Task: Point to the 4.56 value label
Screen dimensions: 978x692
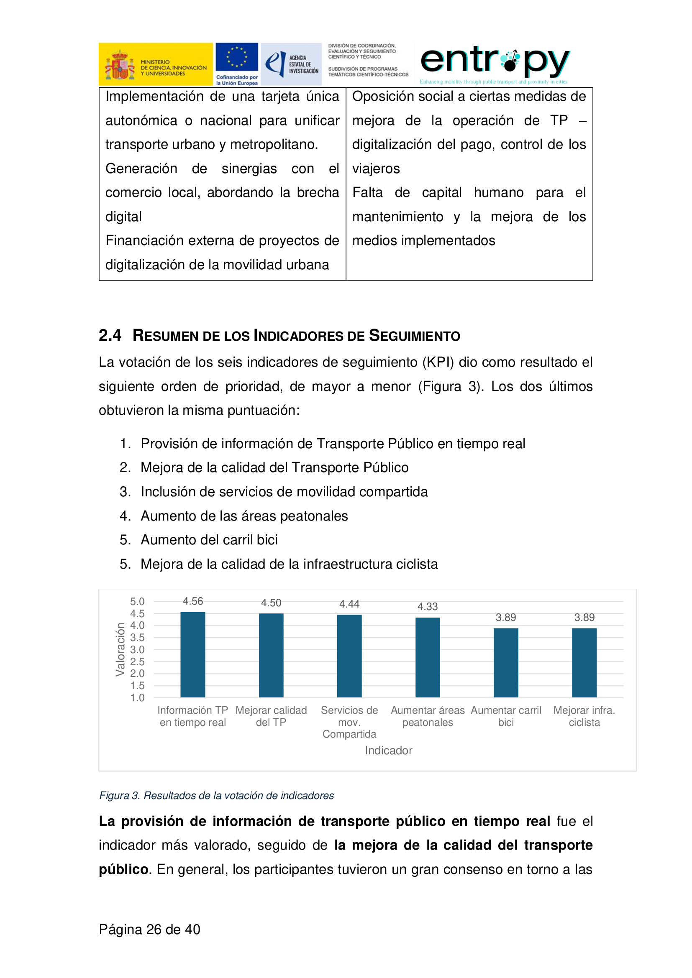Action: coord(192,601)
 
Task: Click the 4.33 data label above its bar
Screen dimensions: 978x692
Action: coord(428,607)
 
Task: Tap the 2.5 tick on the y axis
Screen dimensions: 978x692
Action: coord(137,661)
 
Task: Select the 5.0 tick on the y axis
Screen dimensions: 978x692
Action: coord(137,601)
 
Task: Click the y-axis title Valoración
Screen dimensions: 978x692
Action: coord(120,649)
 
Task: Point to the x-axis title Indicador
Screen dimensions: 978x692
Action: coord(388,750)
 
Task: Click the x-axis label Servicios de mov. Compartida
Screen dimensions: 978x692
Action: coord(349,722)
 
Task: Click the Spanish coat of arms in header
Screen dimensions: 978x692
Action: coord(120,65)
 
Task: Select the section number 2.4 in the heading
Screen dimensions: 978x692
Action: coord(110,335)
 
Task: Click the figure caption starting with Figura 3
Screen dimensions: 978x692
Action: coord(216,795)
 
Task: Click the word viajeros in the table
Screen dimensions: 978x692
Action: coord(376,169)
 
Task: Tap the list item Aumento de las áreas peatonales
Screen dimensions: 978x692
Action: coord(244,516)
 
